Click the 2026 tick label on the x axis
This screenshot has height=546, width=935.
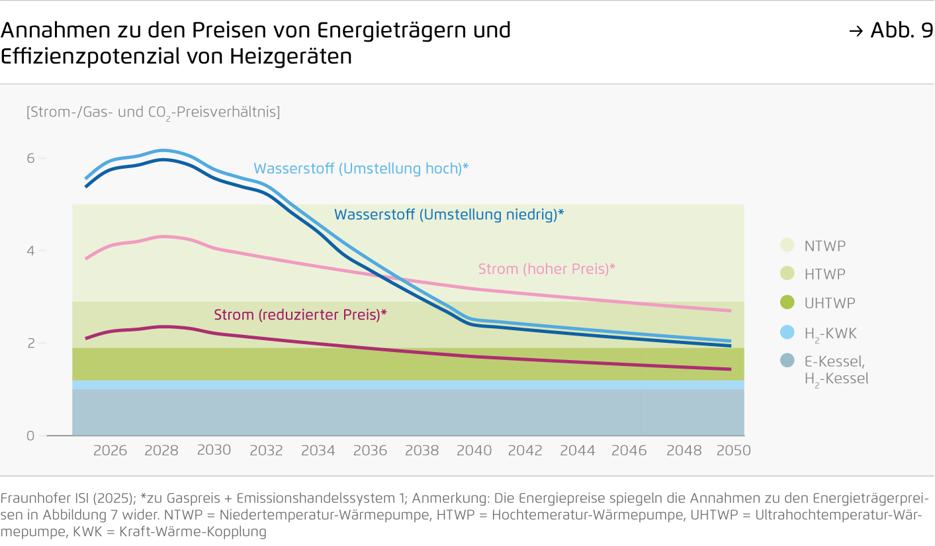110,451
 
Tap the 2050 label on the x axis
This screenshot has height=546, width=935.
734,451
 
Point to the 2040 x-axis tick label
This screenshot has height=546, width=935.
474,451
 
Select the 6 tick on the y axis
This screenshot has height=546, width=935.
30,159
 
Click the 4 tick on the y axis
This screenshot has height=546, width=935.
30,251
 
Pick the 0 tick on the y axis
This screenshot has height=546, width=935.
30,436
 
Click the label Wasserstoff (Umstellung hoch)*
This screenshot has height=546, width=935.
361,169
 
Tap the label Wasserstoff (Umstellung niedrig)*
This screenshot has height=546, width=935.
449,214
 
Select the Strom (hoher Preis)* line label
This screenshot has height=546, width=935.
547,269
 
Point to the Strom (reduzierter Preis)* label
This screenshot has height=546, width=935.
300,315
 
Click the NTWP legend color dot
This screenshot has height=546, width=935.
787,246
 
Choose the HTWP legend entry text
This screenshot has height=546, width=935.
824,274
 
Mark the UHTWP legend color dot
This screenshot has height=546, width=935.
787,303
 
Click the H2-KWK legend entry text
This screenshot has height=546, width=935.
830,334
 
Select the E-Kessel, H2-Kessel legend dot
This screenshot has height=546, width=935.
787,361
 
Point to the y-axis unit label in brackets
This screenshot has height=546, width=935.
153,112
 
